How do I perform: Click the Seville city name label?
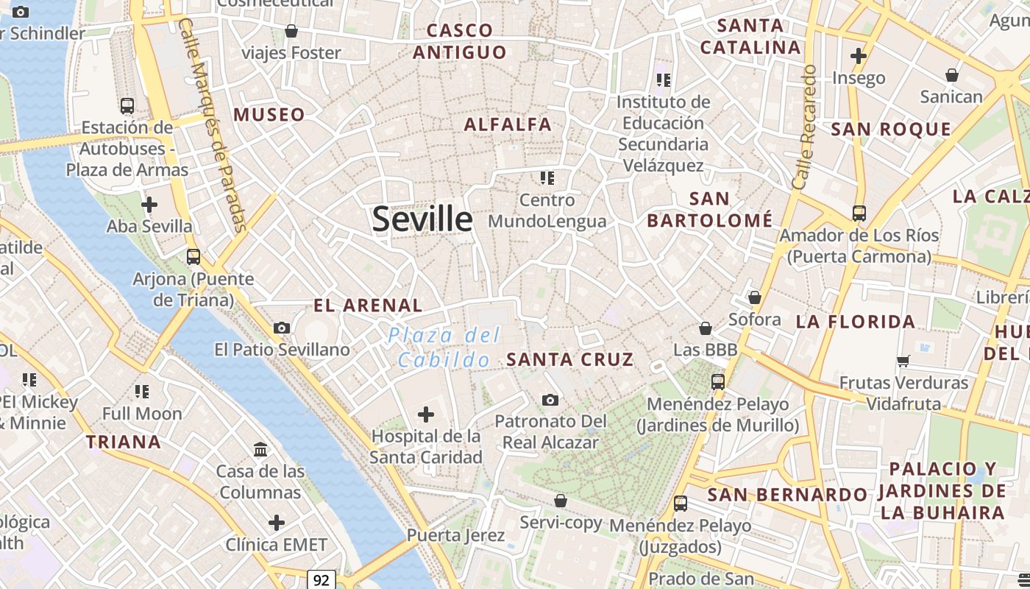422,219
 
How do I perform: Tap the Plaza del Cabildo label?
444,348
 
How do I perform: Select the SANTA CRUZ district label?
570,359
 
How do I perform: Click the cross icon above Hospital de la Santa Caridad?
425,415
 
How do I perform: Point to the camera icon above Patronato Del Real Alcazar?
550,400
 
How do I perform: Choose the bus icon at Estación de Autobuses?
127,106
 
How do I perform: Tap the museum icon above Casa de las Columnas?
260,449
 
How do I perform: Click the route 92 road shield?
321,580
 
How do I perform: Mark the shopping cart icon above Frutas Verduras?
903,361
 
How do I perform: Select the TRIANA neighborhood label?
123,442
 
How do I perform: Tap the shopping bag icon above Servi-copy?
561,501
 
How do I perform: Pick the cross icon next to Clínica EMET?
277,523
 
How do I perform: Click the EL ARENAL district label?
368,305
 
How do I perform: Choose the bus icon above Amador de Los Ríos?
859,214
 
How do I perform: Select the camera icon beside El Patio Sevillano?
281,328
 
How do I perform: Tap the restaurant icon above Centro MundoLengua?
547,177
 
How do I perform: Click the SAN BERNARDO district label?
787,495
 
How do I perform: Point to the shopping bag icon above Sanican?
952,75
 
